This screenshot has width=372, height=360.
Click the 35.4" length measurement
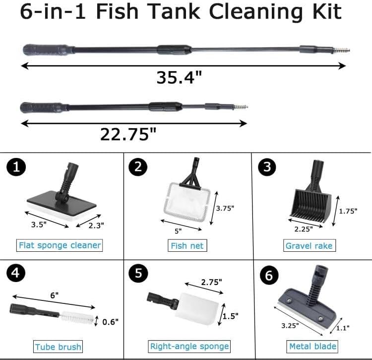pos(179,78)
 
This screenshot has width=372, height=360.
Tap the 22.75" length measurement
pos(128,134)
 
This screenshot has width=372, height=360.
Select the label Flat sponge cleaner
pos(60,245)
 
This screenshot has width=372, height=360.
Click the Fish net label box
pos(186,245)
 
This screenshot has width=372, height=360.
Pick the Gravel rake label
pos(309,245)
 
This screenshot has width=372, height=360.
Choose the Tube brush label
pos(59,346)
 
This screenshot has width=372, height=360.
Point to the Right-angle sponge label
pos(189,346)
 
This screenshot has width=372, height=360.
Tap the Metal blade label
pos(312,346)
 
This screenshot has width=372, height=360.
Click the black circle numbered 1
pos(15,167)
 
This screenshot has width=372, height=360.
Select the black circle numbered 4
pos(15,275)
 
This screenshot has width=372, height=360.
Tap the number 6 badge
pos(268,275)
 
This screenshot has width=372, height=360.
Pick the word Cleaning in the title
pos(246,12)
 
